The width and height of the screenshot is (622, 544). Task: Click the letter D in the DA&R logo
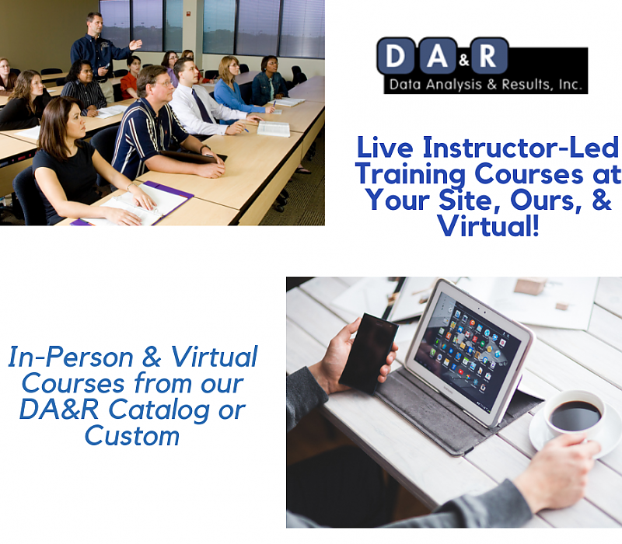396,58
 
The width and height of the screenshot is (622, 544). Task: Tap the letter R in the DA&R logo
488,58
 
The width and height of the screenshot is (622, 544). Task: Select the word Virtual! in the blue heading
487,227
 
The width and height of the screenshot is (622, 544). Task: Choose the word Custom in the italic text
131,435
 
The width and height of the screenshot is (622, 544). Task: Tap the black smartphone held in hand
367,351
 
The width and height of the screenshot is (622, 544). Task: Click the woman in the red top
130,78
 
